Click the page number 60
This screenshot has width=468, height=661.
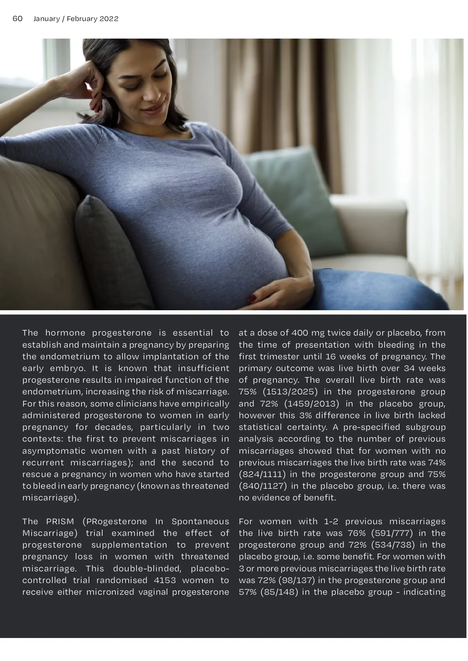coord(18,19)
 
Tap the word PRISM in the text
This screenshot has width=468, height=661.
coord(60,521)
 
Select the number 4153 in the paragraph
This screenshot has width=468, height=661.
coord(165,580)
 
